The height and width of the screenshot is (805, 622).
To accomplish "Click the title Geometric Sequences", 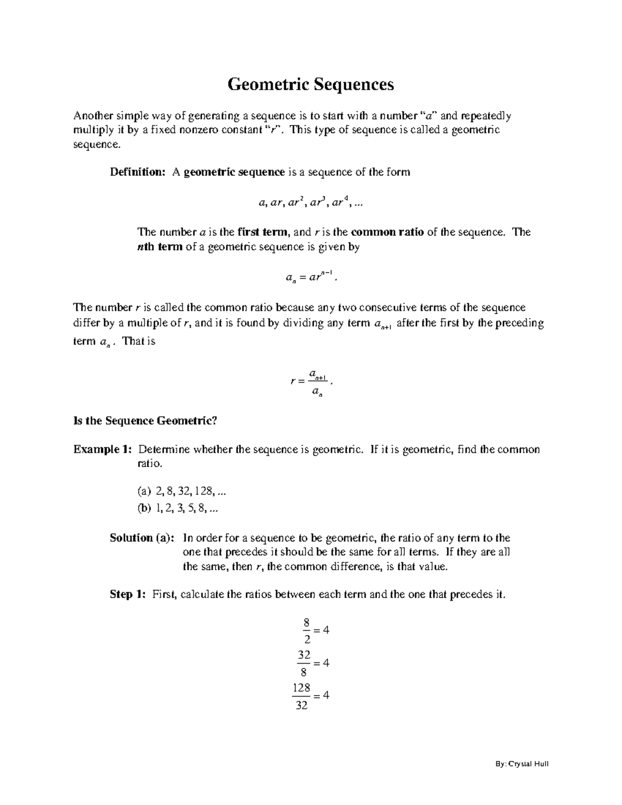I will [310, 84].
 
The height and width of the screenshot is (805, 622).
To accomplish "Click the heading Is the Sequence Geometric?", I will [145, 421].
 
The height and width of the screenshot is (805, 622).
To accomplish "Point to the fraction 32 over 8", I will [304, 663].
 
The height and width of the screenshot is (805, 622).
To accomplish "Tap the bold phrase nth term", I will [159, 247].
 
